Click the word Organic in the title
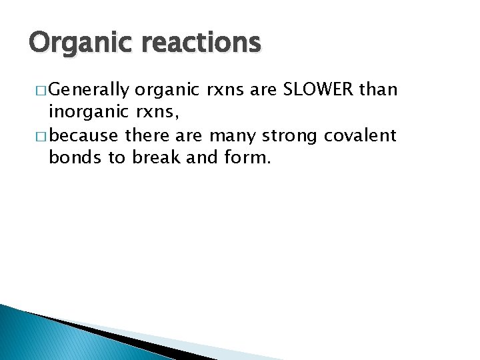pyautogui.click(x=70, y=43)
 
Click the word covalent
pyautogui.click(x=360, y=136)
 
